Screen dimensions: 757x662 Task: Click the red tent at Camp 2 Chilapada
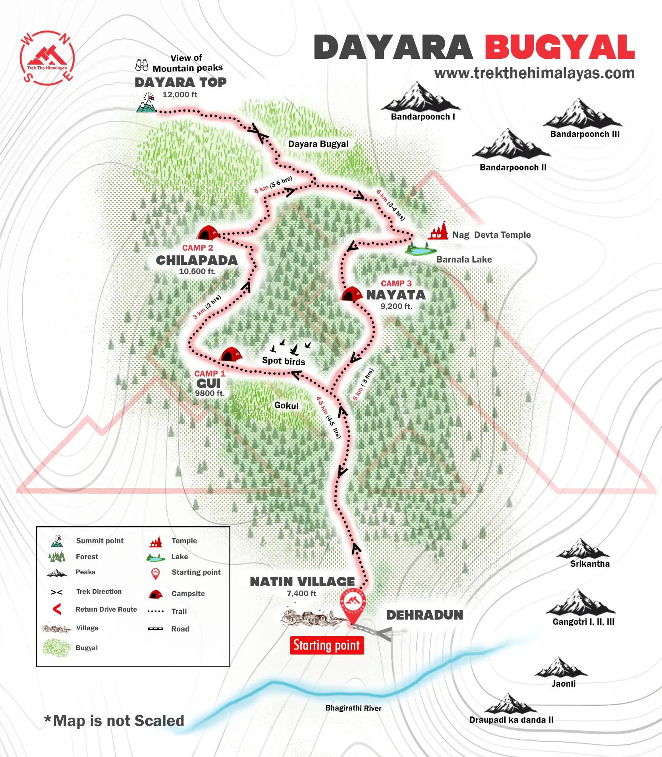pos(207,233)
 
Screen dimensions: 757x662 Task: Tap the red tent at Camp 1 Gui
pos(231,355)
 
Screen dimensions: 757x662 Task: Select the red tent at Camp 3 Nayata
pos(351,294)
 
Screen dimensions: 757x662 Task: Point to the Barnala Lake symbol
pos(421,250)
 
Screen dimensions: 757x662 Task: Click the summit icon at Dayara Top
pos(147,103)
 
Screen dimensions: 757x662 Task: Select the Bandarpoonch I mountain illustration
pos(421,98)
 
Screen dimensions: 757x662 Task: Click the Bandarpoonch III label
pos(585,134)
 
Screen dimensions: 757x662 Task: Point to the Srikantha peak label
pos(590,564)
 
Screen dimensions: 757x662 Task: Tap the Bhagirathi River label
pos(353,708)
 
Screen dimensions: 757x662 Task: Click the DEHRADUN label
pos(425,615)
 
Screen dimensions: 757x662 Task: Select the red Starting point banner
pos(326,645)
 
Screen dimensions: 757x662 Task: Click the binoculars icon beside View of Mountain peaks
pos(142,65)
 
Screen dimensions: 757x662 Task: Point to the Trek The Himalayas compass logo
pos(47,58)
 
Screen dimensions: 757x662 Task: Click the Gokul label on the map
pos(286,406)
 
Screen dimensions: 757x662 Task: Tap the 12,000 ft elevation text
pos(179,95)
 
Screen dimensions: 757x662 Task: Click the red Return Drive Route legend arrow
pos(57,609)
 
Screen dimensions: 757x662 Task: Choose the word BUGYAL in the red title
pos(560,48)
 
